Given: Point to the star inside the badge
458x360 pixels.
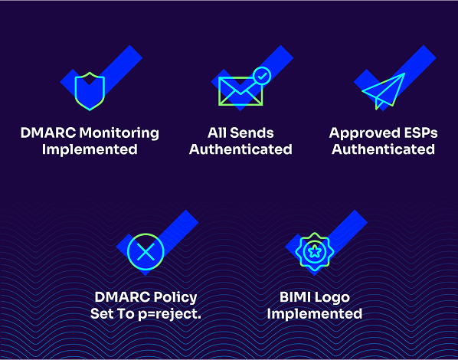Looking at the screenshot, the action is click(314, 251).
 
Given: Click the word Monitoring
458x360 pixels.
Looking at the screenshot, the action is click(119, 133).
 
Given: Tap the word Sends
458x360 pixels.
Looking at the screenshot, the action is click(251, 133).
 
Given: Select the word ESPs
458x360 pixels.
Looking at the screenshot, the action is click(420, 133).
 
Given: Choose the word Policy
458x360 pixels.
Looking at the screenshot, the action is click(175, 298).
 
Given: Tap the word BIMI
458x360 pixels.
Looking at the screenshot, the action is click(293, 297).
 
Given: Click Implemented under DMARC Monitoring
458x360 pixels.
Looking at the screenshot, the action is click(90, 150).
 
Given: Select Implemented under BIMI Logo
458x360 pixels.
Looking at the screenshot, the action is click(315, 314).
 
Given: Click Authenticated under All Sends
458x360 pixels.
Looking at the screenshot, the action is click(240, 149).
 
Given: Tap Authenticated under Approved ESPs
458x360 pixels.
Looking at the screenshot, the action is click(383, 149).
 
